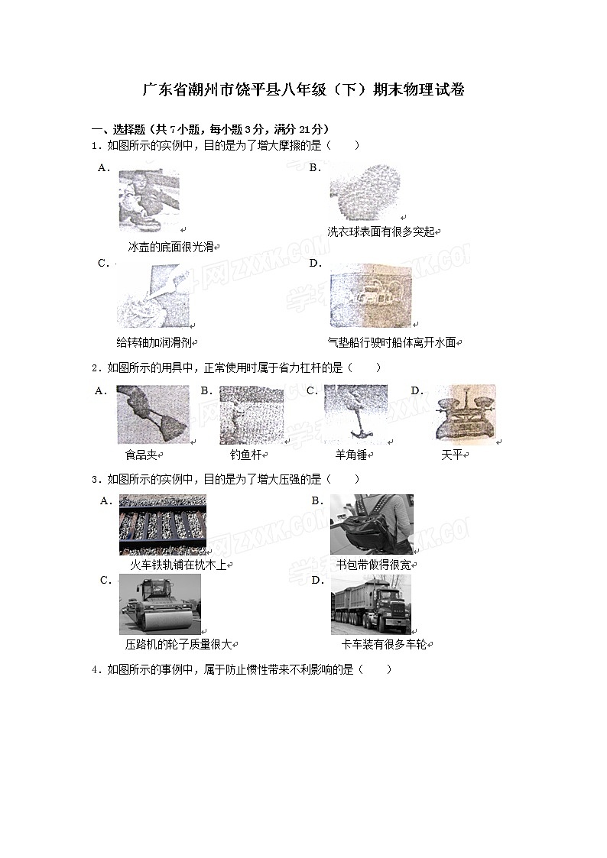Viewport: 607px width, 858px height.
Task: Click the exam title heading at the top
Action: tap(303, 90)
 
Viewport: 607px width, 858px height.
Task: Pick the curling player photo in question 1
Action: tap(149, 199)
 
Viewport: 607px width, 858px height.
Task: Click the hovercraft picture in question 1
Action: tap(371, 296)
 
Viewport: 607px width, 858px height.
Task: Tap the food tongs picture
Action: tap(152, 414)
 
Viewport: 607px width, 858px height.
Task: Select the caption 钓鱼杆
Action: tap(245, 455)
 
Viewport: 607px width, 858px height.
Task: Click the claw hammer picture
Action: tap(355, 413)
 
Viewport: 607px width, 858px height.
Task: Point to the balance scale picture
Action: tap(464, 413)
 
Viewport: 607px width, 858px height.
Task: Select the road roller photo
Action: tap(160, 604)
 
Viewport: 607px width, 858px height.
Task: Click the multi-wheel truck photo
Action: tap(371, 604)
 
